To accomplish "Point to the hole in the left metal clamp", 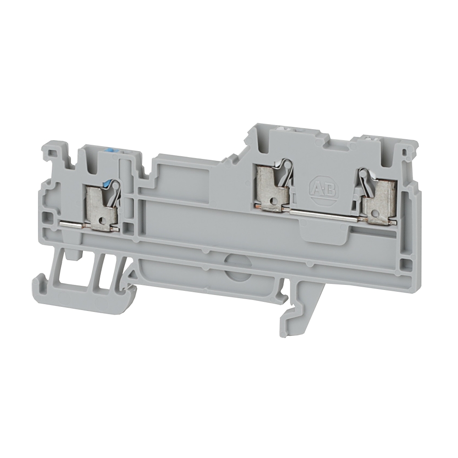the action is tap(102, 220).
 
